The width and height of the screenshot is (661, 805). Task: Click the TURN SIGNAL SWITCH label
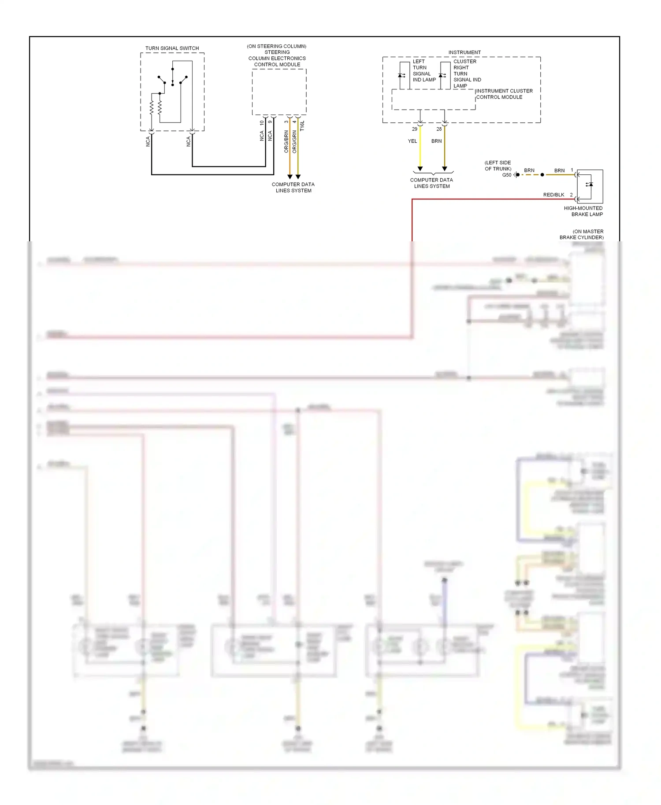tap(172, 48)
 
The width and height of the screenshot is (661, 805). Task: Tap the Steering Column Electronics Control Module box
tap(279, 92)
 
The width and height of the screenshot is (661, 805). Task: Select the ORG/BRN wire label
tap(286, 141)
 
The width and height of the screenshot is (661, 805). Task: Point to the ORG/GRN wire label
tap(294, 141)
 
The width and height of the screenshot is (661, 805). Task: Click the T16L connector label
tap(302, 126)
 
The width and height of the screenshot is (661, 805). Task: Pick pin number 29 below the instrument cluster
tap(414, 129)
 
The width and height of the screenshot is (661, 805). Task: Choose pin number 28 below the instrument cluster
tap(439, 129)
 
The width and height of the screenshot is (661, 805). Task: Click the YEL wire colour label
tap(412, 141)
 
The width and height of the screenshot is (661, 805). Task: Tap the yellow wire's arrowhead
tap(420, 169)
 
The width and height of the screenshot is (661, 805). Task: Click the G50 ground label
tap(507, 175)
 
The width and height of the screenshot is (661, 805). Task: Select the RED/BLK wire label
tap(553, 195)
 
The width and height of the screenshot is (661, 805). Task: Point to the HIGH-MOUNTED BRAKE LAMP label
tap(583, 211)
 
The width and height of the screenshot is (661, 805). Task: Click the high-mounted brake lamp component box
tap(590, 186)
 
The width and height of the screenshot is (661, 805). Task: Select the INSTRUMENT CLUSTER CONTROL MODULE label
tap(504, 94)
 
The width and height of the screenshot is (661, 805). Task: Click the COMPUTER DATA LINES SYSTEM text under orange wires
tap(293, 187)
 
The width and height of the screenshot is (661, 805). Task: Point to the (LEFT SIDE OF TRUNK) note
tap(498, 166)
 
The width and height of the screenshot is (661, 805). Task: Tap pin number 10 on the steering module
tap(262, 123)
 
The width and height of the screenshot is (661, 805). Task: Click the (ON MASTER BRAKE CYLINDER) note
tap(582, 234)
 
